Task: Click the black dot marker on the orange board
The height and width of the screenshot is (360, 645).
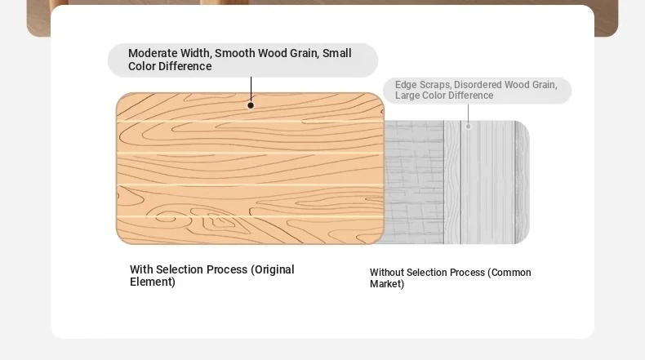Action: (251, 105)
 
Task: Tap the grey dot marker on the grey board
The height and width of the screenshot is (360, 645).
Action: (468, 127)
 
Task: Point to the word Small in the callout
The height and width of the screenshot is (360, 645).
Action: (337, 53)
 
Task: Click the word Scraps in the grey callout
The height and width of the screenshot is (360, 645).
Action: (434, 85)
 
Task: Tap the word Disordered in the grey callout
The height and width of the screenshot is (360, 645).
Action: (478, 85)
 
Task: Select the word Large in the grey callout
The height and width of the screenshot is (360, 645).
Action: (407, 96)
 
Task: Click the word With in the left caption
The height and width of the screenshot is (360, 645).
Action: (141, 269)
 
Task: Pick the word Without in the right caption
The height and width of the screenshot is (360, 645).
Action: (386, 273)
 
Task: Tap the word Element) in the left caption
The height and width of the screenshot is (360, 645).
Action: (153, 282)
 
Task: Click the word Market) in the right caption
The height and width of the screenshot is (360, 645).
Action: (387, 284)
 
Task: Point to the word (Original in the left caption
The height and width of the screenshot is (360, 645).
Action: (273, 269)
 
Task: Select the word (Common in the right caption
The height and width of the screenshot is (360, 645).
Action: (509, 273)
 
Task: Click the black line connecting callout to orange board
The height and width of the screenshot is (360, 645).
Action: (251, 89)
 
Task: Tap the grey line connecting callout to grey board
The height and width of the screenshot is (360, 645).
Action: (468, 113)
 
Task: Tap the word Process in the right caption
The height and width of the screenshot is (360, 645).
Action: (469, 273)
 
